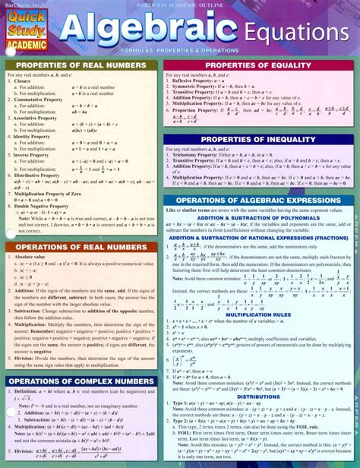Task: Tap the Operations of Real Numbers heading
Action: click(83, 247)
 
